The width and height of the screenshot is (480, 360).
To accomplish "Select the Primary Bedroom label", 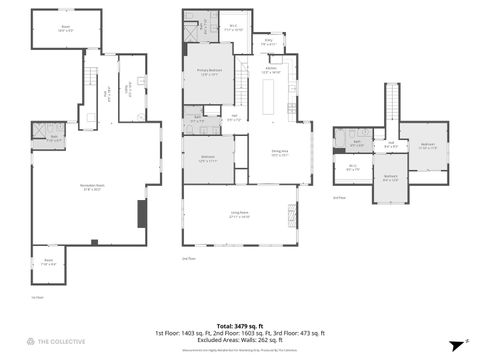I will [x=208, y=71].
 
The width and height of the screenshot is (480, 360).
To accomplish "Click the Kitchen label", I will [x=271, y=71].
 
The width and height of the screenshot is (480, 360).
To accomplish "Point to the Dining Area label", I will [x=278, y=154].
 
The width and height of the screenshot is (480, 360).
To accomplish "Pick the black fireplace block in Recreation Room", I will [x=141, y=212].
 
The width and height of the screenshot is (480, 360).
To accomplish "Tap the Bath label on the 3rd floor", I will [x=357, y=143].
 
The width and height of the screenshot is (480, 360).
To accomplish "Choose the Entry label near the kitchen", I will [x=269, y=43].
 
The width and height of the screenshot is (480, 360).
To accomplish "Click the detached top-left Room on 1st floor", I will [x=65, y=28].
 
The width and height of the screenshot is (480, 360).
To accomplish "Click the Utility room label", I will [x=128, y=88].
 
